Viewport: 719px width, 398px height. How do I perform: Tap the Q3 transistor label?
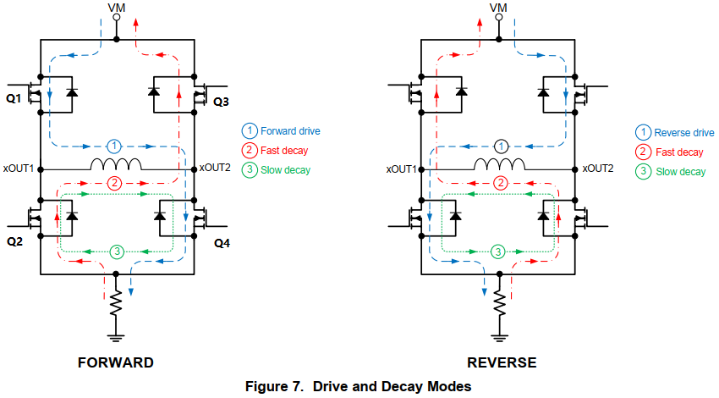click(x=222, y=102)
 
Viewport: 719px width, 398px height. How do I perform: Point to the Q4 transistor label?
click(x=222, y=244)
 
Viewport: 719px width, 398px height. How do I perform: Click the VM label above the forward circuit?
click(x=118, y=8)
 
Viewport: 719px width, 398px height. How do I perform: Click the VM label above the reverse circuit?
click(x=500, y=8)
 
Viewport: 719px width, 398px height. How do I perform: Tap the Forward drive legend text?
click(x=290, y=131)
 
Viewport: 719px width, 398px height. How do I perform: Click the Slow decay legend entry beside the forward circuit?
click(x=284, y=169)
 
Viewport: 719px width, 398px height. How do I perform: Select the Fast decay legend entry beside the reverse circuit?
click(x=678, y=152)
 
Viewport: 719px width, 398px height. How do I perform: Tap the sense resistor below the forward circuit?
click(x=118, y=302)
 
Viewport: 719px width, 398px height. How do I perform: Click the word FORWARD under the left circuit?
click(x=116, y=362)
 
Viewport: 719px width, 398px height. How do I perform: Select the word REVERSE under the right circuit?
click(x=502, y=362)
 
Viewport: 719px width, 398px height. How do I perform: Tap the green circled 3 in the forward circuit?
click(x=118, y=252)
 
